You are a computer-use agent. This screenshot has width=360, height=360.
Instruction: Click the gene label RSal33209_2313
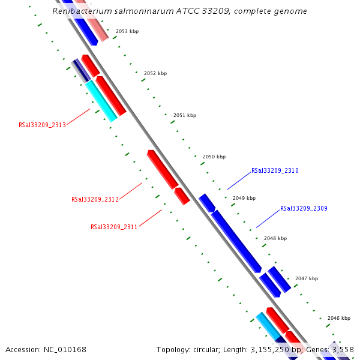coord(42,125)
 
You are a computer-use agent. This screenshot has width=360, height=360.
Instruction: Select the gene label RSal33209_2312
coord(95,199)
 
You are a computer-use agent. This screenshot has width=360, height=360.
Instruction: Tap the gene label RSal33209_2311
coord(114,227)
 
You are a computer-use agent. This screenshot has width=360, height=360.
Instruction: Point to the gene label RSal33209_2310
coord(275,171)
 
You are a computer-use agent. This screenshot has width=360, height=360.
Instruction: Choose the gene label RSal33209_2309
coord(304,209)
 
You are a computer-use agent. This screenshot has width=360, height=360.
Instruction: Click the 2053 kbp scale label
coord(127,31)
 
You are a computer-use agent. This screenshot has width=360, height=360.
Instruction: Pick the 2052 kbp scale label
coord(155,73)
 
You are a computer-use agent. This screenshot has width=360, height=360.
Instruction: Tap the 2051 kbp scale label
coord(185,115)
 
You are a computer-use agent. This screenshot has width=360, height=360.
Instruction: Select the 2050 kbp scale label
coord(214,157)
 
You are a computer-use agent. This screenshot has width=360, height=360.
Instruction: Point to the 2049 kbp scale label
coord(244,198)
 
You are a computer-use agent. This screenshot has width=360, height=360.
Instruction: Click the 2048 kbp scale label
coord(275,238)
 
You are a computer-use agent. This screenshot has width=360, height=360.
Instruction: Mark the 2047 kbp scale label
coord(307,278)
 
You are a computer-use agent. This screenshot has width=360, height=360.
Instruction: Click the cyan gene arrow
coord(100,101)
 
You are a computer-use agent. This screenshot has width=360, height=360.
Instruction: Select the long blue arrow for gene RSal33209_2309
coord(236,241)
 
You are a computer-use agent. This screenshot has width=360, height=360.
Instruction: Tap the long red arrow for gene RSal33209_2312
coord(162,169)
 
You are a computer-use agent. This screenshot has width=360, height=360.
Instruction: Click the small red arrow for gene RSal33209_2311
coord(182,196)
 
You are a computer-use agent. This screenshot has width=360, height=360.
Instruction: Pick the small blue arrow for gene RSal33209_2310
coord(207,203)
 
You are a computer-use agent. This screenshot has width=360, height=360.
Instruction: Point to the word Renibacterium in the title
coord(79,11)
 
